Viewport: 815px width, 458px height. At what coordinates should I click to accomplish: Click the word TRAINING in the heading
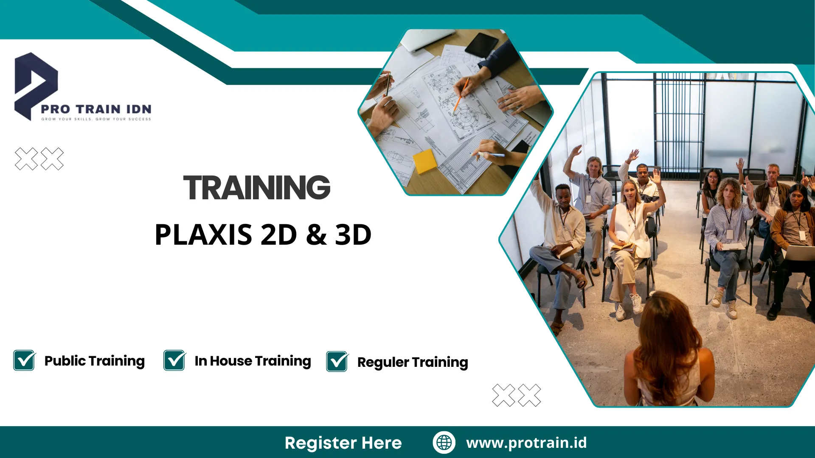coord(256,188)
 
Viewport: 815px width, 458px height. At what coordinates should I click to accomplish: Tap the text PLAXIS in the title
coord(203,235)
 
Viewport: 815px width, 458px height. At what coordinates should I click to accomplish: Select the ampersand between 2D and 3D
coord(316,235)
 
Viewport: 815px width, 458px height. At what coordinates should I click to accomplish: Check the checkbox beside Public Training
coord(24,360)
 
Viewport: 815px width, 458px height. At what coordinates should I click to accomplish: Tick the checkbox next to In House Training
coord(174,360)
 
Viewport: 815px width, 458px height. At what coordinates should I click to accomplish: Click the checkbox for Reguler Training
coord(337,362)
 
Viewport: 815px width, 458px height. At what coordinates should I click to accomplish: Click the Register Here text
coord(343,443)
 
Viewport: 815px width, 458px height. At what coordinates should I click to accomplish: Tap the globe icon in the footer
coord(444,442)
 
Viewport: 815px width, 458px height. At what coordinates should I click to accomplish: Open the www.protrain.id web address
coord(526,443)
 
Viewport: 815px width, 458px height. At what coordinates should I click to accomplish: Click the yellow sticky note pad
coord(424,161)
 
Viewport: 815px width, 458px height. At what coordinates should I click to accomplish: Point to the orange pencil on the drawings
coord(460,95)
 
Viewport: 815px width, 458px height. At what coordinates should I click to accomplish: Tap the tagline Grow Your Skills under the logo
coord(96,119)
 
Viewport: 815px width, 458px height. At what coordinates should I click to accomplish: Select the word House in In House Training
coord(231,361)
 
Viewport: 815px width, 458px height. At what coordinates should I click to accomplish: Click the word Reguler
coord(383,363)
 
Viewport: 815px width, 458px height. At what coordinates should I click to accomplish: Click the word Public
coord(65,361)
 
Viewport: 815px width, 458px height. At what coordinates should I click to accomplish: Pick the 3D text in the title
coord(353,235)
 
